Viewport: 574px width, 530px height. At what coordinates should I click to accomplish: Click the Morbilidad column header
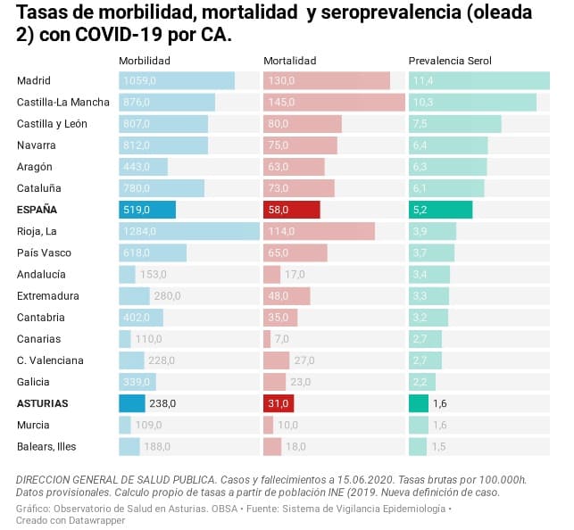(145, 61)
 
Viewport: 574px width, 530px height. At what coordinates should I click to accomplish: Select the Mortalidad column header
(290, 61)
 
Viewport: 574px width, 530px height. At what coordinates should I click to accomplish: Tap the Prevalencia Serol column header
(450, 61)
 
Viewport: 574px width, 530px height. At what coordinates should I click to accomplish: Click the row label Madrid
(34, 81)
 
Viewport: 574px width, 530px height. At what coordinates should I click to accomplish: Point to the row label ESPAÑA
(37, 210)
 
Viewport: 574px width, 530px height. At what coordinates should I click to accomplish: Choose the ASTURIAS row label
(43, 403)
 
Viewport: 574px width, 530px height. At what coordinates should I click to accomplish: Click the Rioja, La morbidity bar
(188, 232)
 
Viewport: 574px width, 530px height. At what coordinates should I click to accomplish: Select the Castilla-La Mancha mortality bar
(334, 103)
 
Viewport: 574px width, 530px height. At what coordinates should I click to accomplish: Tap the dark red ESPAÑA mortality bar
(291, 210)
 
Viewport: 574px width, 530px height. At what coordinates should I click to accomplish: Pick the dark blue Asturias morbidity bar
(131, 403)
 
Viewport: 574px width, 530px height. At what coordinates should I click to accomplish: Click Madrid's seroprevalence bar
(478, 81)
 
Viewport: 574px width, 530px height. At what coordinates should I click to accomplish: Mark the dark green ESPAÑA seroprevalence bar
(440, 210)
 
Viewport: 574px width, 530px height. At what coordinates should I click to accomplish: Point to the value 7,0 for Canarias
(282, 339)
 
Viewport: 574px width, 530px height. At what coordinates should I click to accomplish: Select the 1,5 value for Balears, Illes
(439, 446)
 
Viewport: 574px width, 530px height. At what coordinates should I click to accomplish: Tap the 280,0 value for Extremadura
(167, 296)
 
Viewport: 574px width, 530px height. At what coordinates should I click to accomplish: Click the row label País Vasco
(44, 253)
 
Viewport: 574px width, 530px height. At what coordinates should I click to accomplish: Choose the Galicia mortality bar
(274, 382)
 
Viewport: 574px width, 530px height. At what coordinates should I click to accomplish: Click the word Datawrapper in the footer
(96, 520)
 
